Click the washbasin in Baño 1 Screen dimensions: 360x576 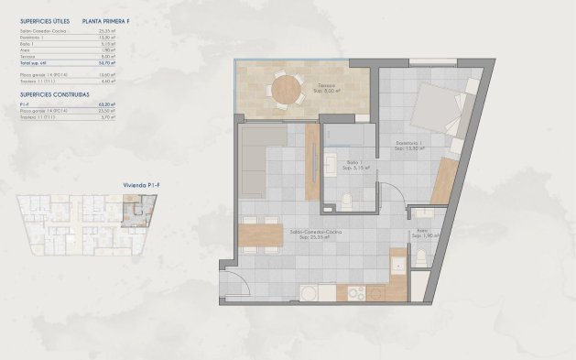(330, 167)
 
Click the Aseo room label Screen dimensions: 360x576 (423, 233)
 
